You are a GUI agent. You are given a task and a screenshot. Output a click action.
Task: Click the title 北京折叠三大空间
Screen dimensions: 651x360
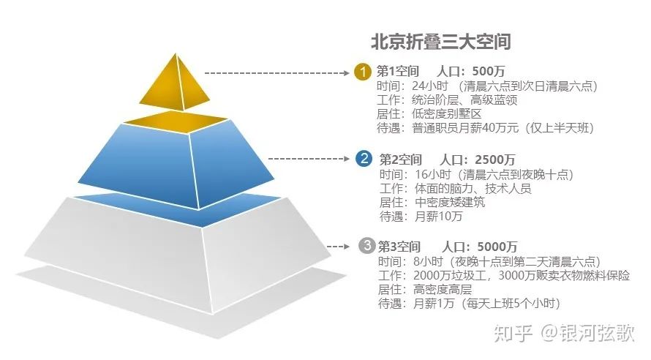pos(440,42)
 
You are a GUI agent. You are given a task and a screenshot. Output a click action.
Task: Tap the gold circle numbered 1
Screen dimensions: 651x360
pos(363,72)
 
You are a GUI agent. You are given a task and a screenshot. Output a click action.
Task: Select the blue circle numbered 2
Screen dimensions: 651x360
pos(364,159)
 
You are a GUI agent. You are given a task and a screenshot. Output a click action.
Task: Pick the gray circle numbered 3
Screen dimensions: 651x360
pos(367,245)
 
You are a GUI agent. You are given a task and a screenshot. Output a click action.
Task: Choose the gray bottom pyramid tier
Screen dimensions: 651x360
pos(178,258)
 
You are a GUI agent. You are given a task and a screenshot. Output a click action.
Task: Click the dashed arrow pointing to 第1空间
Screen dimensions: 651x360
pos(277,73)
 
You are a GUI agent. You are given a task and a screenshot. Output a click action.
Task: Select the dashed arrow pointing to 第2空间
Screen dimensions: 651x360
pos(309,159)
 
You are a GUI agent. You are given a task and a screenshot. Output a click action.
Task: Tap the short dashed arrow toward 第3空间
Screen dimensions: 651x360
pos(338,247)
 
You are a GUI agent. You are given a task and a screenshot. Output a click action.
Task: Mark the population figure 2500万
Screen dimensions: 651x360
pos(495,160)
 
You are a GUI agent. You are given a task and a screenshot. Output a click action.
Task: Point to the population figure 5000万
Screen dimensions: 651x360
pos(497,247)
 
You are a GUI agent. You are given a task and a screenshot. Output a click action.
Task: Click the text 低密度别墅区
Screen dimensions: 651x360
pos(447,113)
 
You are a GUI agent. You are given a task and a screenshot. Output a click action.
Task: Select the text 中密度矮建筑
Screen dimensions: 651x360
pos(450,202)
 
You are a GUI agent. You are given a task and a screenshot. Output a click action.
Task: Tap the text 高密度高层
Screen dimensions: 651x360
pos(443,289)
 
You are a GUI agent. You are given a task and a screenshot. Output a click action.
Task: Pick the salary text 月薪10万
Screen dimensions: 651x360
pos(438,217)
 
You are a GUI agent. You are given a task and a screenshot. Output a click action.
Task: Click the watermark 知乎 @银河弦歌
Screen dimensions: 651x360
pos(564,333)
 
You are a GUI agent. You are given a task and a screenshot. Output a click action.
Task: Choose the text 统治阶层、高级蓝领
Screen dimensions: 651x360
pos(464,100)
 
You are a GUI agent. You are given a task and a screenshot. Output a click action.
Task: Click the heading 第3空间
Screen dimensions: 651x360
pos(399,247)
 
